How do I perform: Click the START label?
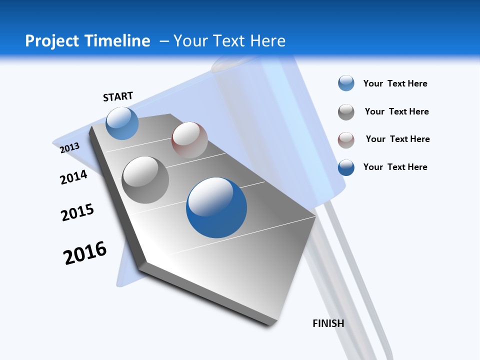tap(118, 96)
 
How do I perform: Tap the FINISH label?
tap(328, 323)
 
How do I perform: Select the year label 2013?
tap(69, 147)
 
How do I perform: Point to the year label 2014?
tap(73, 177)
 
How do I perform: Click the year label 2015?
tap(77, 212)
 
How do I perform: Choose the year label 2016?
tap(85, 252)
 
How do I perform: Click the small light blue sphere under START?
tap(122, 123)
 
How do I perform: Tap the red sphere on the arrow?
tap(189, 140)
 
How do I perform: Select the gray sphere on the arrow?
tap(145, 179)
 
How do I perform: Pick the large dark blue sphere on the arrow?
tap(216, 207)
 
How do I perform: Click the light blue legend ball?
tap(346, 83)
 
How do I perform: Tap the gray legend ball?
tap(346, 112)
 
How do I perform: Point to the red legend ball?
tap(346, 140)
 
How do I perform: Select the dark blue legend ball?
tap(346, 167)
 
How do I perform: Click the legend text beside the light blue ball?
tap(395, 83)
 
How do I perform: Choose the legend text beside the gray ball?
tap(396, 111)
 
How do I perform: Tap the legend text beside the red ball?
tap(397, 139)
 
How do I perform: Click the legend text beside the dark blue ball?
tap(395, 167)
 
